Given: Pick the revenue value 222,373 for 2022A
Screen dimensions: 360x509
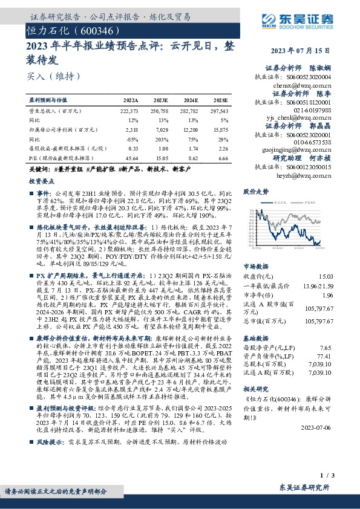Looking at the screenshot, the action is [129, 112].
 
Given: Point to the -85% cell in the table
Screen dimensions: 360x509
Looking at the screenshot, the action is [133, 139].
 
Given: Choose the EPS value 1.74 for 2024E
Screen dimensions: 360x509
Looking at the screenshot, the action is [192, 148].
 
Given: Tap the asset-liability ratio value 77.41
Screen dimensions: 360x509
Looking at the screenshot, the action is [343, 341].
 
